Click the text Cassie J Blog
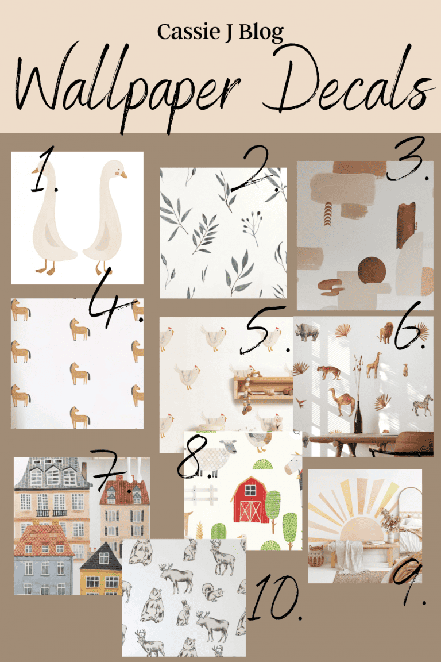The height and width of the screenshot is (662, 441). [x=220, y=33]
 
